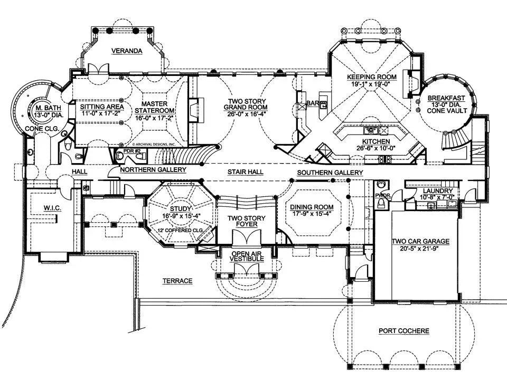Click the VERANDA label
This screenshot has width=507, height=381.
click(x=127, y=51)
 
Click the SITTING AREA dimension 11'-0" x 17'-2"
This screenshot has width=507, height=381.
click(x=101, y=113)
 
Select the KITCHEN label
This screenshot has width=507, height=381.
click(x=376, y=142)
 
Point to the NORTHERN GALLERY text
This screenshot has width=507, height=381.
click(x=153, y=170)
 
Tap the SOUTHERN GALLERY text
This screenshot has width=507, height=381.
click(x=330, y=173)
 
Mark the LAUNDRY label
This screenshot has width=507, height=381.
click(x=431, y=190)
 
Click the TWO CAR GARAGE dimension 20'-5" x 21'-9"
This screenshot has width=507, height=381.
click(x=420, y=249)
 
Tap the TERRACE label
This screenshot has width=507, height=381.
click(x=177, y=281)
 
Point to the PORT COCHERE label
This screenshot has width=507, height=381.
click(x=404, y=331)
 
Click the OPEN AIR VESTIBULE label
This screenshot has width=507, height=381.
click(x=247, y=256)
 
